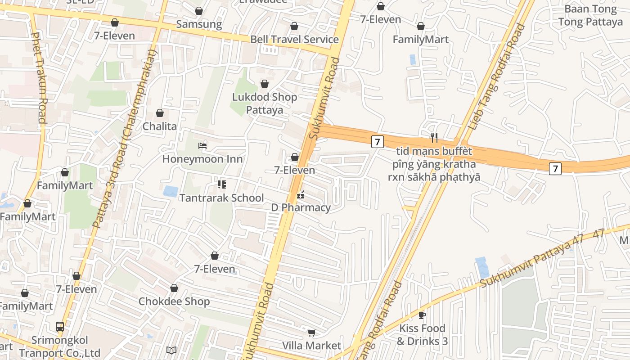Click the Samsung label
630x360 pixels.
pyautogui.click(x=199, y=24)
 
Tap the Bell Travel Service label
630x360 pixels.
pyautogui.click(x=294, y=40)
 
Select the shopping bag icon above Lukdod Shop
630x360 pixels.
pyautogui.click(x=265, y=84)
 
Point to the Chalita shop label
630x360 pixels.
pyautogui.click(x=160, y=126)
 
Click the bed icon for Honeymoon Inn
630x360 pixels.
pyautogui.click(x=202, y=146)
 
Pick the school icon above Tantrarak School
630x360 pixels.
pyautogui.click(x=221, y=184)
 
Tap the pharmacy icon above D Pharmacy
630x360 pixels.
pyautogui.click(x=301, y=195)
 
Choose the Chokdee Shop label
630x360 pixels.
pyautogui.click(x=174, y=301)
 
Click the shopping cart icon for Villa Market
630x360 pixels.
pyautogui.click(x=311, y=333)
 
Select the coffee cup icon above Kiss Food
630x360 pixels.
pyautogui.click(x=422, y=315)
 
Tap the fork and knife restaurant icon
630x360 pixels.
pyautogui.click(x=434, y=137)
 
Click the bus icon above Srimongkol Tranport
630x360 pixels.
pyautogui.click(x=60, y=327)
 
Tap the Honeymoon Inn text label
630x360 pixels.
pyautogui.click(x=202, y=159)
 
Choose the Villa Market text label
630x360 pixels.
pyautogui.click(x=311, y=346)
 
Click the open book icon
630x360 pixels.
pyautogui.click(x=171, y=350)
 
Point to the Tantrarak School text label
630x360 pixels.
pyautogui.click(x=221, y=198)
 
